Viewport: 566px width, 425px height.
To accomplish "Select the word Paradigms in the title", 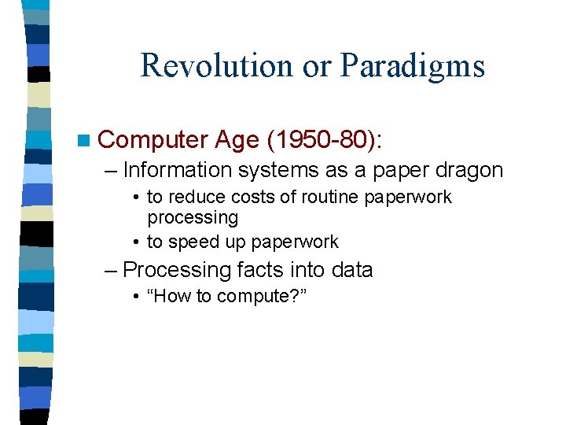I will click(x=413, y=67).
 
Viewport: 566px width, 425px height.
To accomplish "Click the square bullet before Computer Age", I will click(x=84, y=140).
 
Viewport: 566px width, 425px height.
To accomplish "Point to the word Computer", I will click(x=153, y=140).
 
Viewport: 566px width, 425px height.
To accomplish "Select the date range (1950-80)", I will click(x=324, y=140).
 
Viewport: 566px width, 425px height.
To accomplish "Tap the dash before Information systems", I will click(x=111, y=170).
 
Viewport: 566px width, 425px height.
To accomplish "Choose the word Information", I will click(x=178, y=170).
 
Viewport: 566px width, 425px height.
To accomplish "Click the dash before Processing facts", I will click(x=111, y=270).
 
